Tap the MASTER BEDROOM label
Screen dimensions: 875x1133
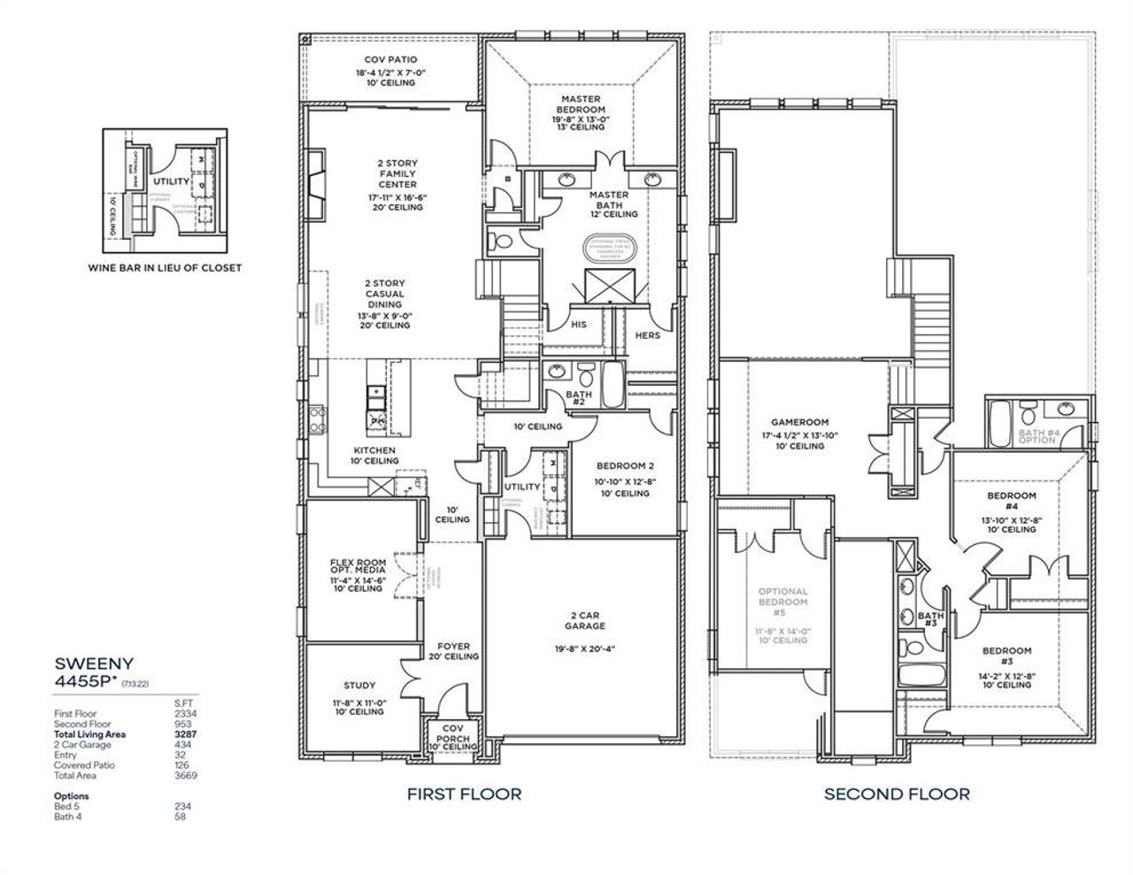(581, 104)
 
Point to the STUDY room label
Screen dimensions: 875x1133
(358, 686)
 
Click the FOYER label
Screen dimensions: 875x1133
(453, 647)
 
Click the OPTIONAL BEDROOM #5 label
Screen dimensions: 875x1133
(782, 602)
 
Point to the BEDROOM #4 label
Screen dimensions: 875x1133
(1011, 501)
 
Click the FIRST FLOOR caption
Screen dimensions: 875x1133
(464, 794)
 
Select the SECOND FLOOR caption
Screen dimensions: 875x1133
(897, 794)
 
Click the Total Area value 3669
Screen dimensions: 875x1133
(186, 776)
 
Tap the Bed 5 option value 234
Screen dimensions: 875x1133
(182, 806)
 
